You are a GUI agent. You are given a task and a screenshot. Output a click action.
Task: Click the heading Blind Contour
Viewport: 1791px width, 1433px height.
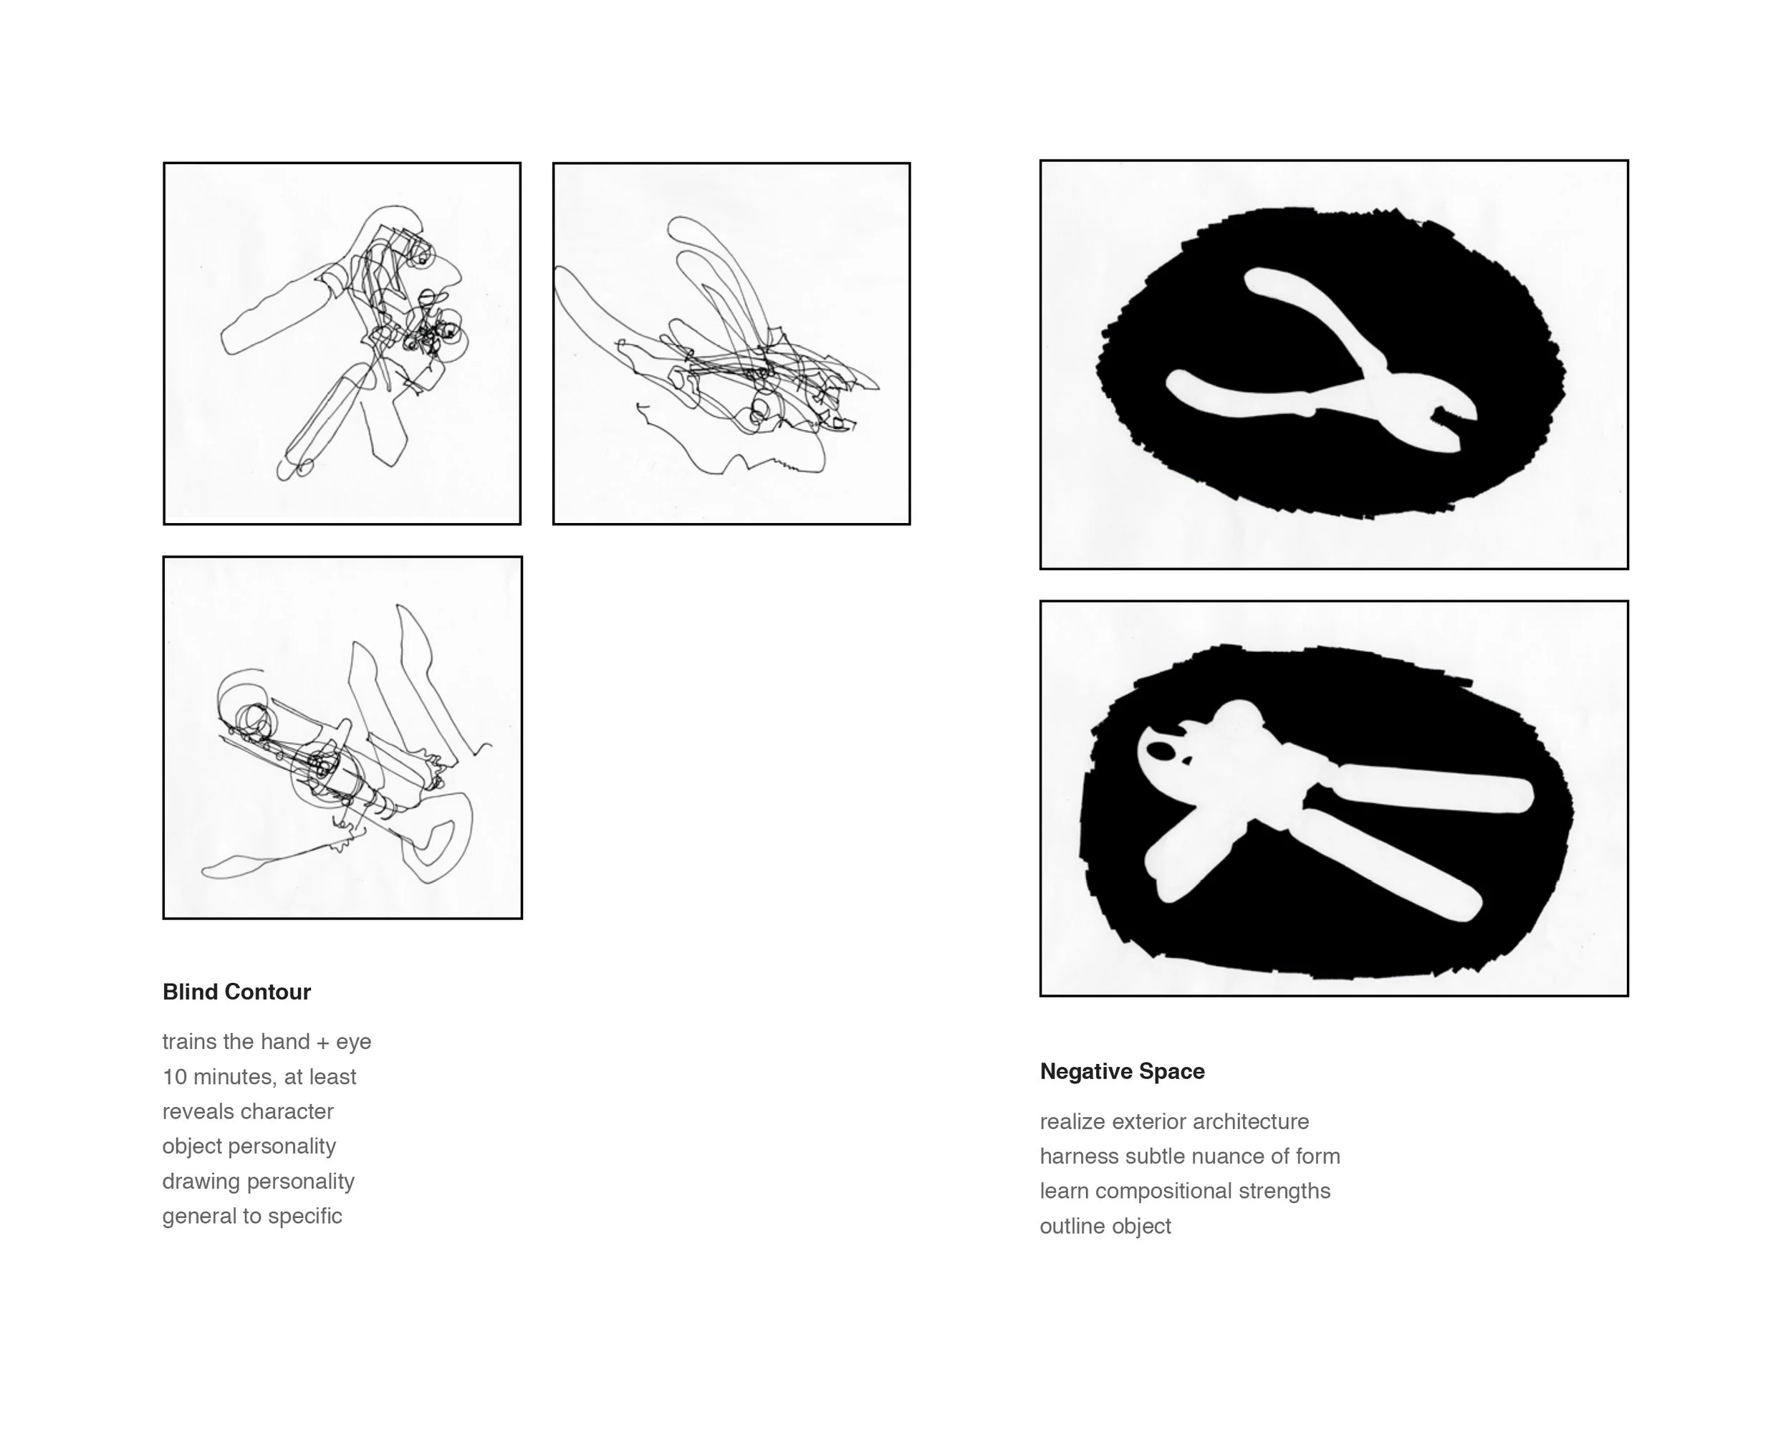(x=236, y=992)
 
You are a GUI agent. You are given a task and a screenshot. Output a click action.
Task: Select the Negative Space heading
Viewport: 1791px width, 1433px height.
(x=1123, y=1072)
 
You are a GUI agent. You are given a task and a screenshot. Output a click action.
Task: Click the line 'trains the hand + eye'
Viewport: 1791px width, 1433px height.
(x=267, y=1042)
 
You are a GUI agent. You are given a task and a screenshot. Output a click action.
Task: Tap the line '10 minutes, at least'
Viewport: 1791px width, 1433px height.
(x=259, y=1077)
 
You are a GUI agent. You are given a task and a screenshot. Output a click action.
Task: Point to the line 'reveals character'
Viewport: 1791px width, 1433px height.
(x=248, y=1111)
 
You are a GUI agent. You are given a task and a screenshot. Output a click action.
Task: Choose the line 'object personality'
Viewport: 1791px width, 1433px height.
(x=249, y=1146)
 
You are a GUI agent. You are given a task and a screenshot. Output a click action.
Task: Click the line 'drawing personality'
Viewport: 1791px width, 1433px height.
(x=259, y=1182)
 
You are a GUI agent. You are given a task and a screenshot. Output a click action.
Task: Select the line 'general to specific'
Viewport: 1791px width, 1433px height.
(x=251, y=1216)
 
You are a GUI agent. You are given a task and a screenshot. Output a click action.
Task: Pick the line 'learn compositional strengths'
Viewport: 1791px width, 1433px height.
(x=1186, y=1192)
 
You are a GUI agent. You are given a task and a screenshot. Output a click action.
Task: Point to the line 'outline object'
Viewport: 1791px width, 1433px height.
(x=1105, y=1226)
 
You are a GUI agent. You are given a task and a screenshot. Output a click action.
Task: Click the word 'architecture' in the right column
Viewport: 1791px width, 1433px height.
(x=1251, y=1121)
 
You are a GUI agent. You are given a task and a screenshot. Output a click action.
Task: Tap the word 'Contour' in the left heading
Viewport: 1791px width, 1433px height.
(x=267, y=992)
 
